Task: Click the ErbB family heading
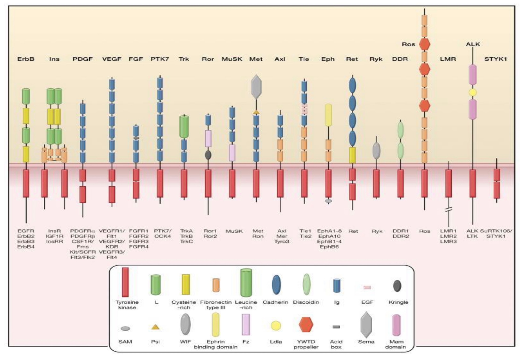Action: point(26,59)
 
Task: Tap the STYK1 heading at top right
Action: point(495,59)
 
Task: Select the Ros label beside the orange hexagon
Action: point(408,44)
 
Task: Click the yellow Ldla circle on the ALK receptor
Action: point(472,92)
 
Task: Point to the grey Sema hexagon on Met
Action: point(256,87)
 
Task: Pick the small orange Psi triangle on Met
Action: point(256,112)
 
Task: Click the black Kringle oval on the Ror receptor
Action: point(208,155)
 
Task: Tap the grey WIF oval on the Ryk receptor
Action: point(376,151)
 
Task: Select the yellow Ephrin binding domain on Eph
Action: point(328,115)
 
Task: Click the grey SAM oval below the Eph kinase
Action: point(328,201)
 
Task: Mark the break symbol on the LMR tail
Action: point(449,211)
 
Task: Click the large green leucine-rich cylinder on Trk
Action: point(184,127)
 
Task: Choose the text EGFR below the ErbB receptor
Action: point(26,231)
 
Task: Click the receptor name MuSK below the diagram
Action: point(234,231)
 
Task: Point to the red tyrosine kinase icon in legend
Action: point(125,282)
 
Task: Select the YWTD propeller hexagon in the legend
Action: point(306,325)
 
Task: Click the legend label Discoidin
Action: point(306,302)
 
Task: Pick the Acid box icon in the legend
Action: point(336,327)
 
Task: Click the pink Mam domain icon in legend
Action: point(396,325)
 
